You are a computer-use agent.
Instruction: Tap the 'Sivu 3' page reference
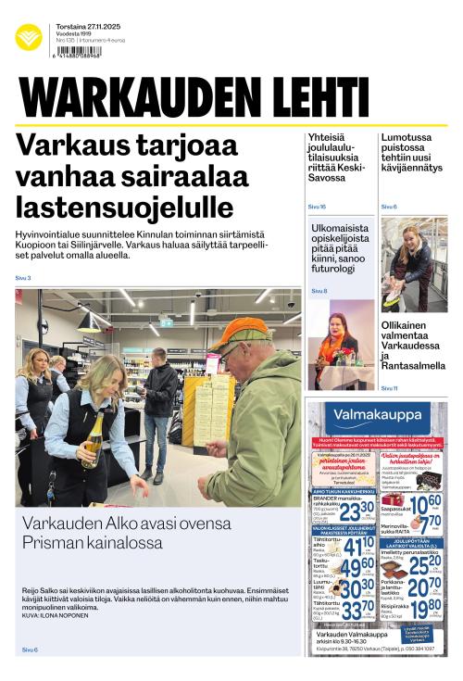coord(23,278)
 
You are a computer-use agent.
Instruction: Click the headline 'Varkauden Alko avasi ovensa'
coord(126,523)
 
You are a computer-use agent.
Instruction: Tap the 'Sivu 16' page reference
coord(317,207)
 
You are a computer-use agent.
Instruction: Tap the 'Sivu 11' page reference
coord(389,388)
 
